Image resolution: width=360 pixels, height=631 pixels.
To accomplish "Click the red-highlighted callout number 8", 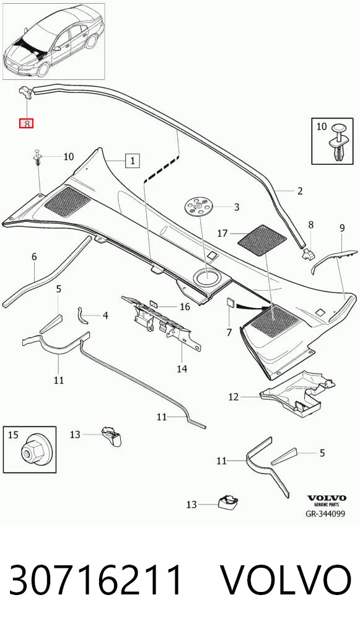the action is (x=27, y=123).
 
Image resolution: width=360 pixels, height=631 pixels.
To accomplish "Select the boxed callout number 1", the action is (x=132, y=161).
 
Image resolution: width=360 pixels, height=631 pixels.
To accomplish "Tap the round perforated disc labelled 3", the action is (x=199, y=207).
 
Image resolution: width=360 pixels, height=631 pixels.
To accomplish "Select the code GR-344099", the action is (x=325, y=514).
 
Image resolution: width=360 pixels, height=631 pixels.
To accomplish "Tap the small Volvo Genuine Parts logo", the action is (x=326, y=500).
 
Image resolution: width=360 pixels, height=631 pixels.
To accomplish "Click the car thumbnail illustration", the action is (x=53, y=42).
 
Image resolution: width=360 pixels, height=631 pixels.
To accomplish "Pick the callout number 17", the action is (x=222, y=233).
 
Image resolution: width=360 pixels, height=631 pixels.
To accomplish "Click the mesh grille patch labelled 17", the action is (x=262, y=240).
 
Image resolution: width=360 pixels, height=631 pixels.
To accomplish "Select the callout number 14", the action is (x=182, y=369).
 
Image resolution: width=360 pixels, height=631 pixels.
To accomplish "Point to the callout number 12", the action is (x=234, y=397).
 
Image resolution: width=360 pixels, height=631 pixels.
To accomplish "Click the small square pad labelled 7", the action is (x=230, y=302).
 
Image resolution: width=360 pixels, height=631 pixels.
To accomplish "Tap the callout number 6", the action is (x=34, y=257).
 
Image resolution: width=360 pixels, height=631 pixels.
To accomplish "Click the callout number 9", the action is (x=342, y=229).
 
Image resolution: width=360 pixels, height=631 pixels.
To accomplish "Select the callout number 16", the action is (x=185, y=307).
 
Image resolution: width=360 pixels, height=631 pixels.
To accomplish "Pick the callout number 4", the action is (x=105, y=315).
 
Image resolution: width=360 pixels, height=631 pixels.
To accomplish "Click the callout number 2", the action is (x=300, y=191).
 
